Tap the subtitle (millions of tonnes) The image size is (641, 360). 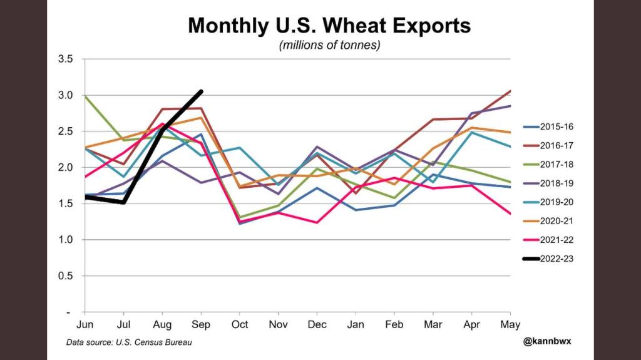pos(329,46)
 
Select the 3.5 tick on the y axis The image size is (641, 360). pos(65,59)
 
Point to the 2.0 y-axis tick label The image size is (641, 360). pos(65,167)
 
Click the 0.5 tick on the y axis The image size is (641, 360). pos(65,275)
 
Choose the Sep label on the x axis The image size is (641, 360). pos(201,324)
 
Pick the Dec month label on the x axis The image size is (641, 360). pos(317,324)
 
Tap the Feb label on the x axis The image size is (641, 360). pos(394,324)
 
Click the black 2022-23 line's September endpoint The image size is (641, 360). pos(201,91)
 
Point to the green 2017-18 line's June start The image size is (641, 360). pos(85,96)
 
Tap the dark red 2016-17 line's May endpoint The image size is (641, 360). pos(510,91)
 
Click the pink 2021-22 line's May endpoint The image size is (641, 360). pos(510,213)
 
